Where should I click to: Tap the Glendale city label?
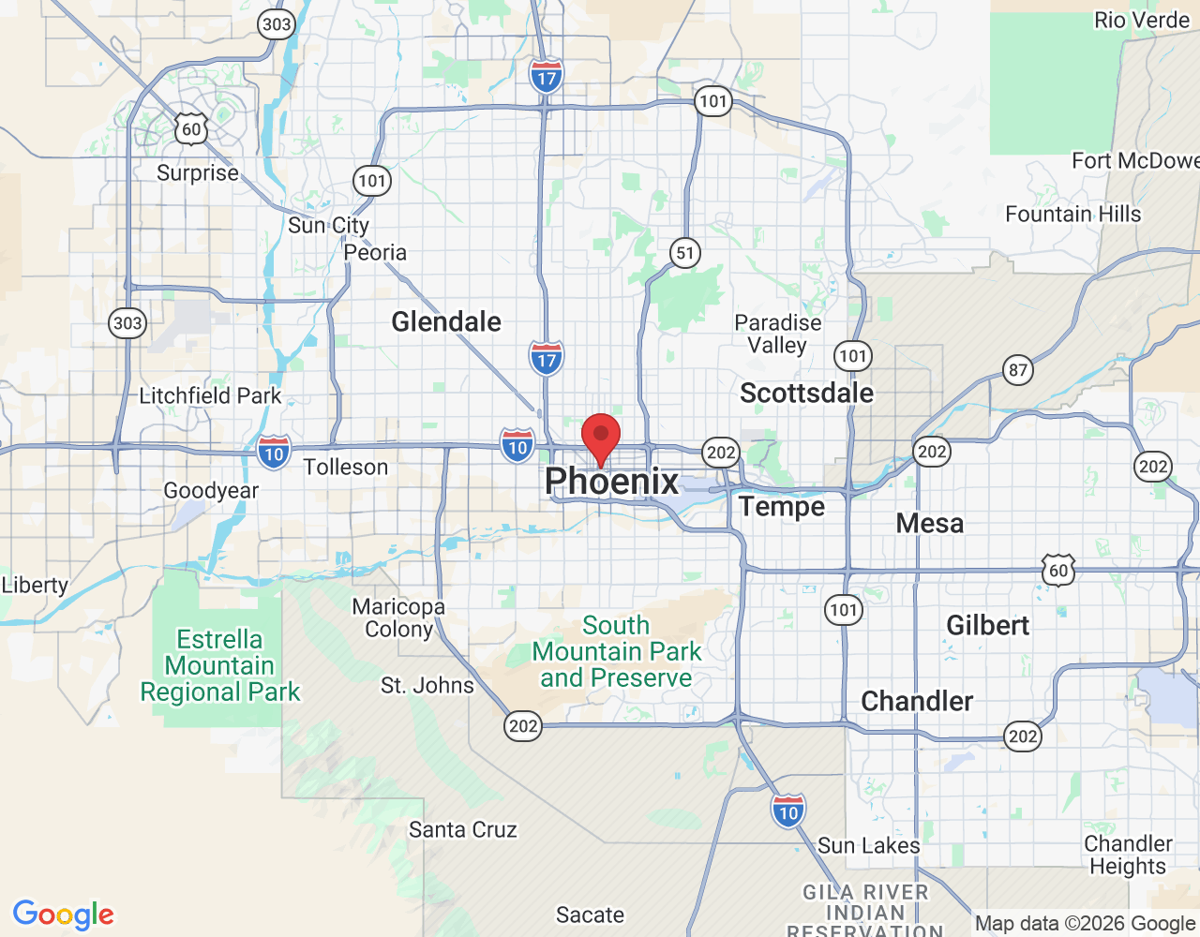pyautogui.click(x=446, y=321)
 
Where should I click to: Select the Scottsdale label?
pyautogui.click(x=806, y=393)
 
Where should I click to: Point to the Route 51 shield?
pyautogui.click(x=685, y=252)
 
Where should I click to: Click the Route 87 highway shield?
pyautogui.click(x=1018, y=369)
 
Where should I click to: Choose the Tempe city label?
pyautogui.click(x=782, y=507)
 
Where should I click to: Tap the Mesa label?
pyautogui.click(x=929, y=523)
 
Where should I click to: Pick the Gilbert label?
pyautogui.click(x=987, y=625)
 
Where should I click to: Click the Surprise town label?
pyautogui.click(x=197, y=173)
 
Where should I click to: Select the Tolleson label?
pyautogui.click(x=345, y=467)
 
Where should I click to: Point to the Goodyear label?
pyautogui.click(x=211, y=490)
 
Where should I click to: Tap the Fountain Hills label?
pyautogui.click(x=1072, y=214)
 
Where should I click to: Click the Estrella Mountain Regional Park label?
pyautogui.click(x=219, y=665)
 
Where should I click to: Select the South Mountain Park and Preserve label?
pyautogui.click(x=616, y=651)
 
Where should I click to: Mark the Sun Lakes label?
pyautogui.click(x=868, y=845)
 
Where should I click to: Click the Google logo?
pyautogui.click(x=63, y=915)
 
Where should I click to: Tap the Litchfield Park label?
pyautogui.click(x=210, y=395)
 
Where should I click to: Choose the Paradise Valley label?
pyautogui.click(x=777, y=334)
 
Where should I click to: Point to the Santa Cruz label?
pyautogui.click(x=462, y=829)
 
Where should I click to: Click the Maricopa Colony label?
pyautogui.click(x=398, y=617)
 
